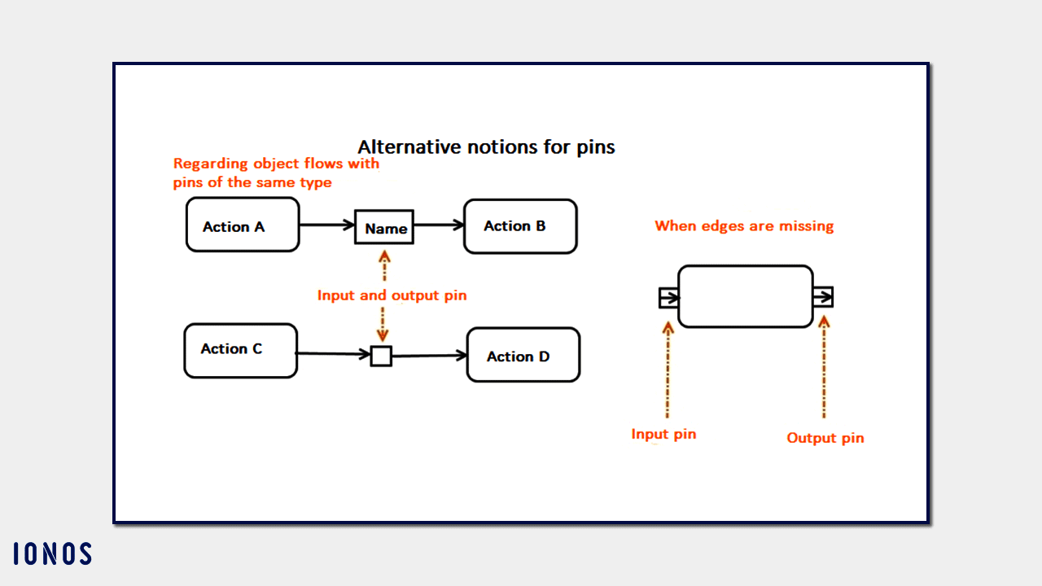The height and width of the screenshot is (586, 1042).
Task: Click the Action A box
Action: (x=243, y=225)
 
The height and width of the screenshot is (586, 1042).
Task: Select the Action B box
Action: (x=520, y=226)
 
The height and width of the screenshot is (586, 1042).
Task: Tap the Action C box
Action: (x=240, y=351)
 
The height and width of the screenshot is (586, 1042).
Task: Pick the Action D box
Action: (x=523, y=355)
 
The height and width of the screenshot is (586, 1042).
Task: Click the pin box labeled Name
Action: (x=384, y=228)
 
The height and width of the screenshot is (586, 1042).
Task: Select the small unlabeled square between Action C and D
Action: (x=381, y=356)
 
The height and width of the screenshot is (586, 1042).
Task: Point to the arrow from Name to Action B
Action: (x=438, y=226)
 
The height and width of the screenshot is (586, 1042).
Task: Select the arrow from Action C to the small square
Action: (x=334, y=354)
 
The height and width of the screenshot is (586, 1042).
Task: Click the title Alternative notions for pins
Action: (x=486, y=147)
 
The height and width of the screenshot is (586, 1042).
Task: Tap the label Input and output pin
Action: (x=392, y=295)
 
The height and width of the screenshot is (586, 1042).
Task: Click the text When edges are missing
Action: (x=744, y=226)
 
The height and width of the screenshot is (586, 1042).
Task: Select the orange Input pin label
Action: (x=663, y=435)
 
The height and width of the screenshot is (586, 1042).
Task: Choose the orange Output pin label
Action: (x=825, y=438)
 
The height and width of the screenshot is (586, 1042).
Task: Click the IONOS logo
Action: (x=52, y=554)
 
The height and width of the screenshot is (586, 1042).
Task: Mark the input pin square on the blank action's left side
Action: (x=668, y=298)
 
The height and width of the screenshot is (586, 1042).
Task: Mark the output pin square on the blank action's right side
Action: (x=823, y=296)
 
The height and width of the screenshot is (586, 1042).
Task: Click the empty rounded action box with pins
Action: (x=745, y=296)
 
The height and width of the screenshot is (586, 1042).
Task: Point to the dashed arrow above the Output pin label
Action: (x=824, y=366)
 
